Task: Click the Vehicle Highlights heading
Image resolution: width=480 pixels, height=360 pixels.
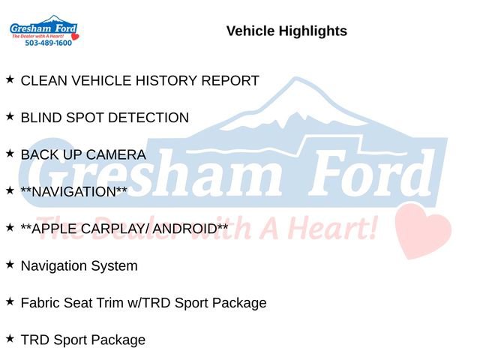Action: tap(286, 31)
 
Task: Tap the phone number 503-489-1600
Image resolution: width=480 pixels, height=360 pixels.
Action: tap(48, 43)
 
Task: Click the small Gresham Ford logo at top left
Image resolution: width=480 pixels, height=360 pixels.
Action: tap(43, 29)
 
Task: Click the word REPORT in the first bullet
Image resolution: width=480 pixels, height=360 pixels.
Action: tap(230, 80)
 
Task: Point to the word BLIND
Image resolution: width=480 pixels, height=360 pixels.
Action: tap(40, 118)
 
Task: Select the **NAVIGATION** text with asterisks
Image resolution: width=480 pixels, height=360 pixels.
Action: tap(74, 191)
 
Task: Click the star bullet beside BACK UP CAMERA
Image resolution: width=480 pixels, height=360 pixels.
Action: tap(10, 153)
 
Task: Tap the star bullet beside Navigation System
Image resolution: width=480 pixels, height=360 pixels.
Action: tap(10, 264)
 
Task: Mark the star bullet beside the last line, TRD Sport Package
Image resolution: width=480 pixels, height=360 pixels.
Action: tap(10, 338)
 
